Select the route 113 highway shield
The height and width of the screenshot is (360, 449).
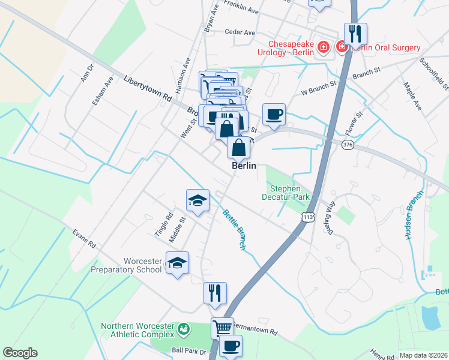[x=308, y=217]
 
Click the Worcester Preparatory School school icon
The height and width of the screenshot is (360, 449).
[x=177, y=264]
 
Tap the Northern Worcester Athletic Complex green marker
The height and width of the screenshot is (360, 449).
[x=184, y=330]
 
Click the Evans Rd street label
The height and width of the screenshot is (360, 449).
[x=84, y=238]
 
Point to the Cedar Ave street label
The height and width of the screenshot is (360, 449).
[x=240, y=32]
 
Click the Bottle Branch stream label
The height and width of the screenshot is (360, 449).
[x=234, y=229]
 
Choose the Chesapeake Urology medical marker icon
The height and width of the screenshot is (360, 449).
[x=324, y=47]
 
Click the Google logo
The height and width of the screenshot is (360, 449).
[x=19, y=353]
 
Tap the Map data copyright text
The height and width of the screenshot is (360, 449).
[x=423, y=355]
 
